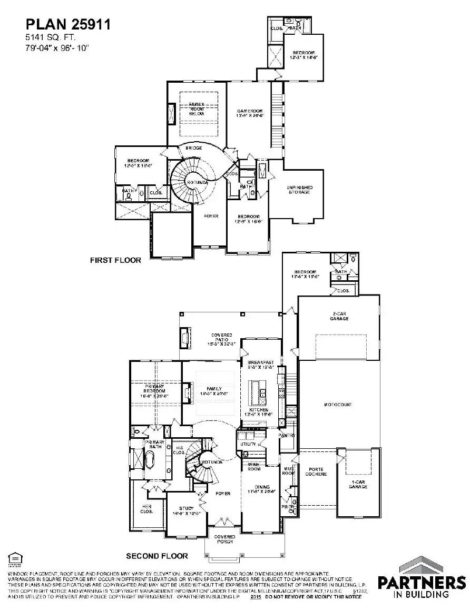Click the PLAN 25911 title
tap(68, 24)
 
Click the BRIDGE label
tap(194, 149)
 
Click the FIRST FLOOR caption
tap(115, 260)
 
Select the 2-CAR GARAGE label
tap(339, 316)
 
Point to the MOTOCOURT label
tap(338, 405)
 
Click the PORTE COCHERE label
tap(316, 471)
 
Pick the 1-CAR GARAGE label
tap(358, 484)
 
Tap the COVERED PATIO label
tap(222, 338)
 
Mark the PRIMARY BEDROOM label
tap(154, 389)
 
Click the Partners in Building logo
tap(422, 579)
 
